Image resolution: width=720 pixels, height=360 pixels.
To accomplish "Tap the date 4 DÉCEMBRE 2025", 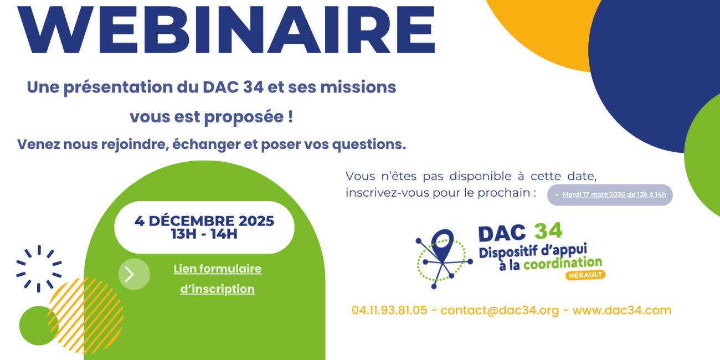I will click(x=204, y=221).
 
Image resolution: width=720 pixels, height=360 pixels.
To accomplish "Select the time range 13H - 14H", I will click(x=204, y=234).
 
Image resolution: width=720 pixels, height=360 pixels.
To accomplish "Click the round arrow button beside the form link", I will click(x=134, y=274).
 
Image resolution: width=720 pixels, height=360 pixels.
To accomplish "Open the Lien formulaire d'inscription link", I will click(x=217, y=279).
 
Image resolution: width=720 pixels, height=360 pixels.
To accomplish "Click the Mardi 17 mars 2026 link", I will click(x=614, y=195).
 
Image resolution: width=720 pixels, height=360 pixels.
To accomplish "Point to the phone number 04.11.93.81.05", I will click(x=389, y=310).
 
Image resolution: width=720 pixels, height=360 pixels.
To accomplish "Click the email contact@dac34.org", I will click(x=500, y=310).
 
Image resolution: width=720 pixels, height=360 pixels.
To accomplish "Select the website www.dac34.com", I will click(x=621, y=310).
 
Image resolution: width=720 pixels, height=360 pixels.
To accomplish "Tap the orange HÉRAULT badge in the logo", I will click(x=585, y=275).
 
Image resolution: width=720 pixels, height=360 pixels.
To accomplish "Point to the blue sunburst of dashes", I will click(x=38, y=269).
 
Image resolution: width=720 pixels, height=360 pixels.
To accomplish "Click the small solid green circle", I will click(x=38, y=326).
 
